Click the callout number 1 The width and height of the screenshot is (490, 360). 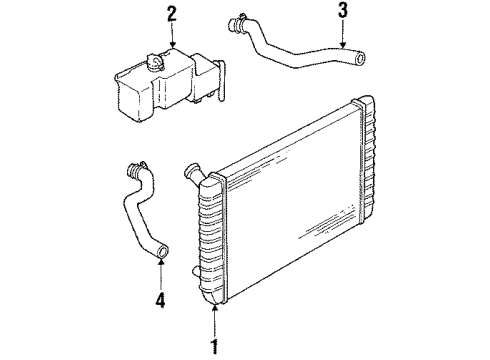(x=214, y=349)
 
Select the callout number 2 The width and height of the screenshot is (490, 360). (x=172, y=14)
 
